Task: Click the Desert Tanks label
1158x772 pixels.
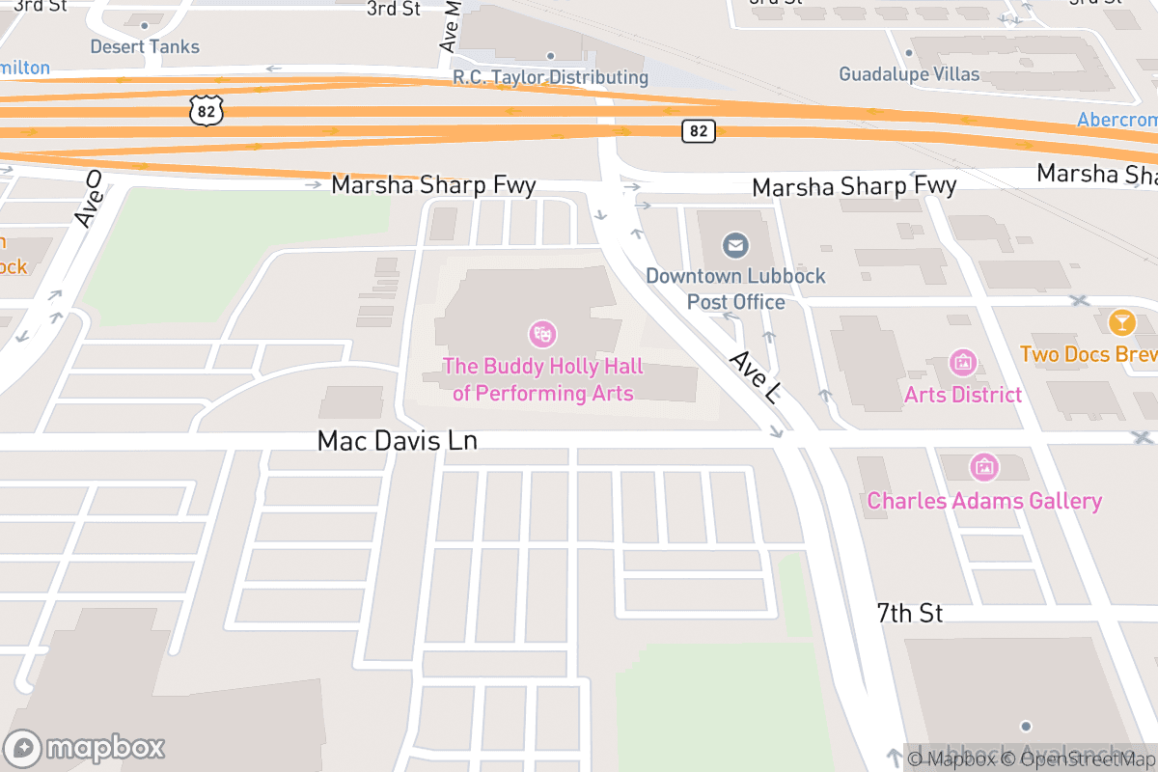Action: point(145,46)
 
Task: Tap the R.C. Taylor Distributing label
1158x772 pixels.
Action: point(550,77)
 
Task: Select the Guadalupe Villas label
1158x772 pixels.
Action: point(908,74)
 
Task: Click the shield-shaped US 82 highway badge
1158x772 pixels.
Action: point(207,109)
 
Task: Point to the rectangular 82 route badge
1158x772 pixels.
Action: point(700,130)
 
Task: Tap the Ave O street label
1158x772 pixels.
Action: point(88,200)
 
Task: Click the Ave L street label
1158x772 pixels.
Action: point(754,377)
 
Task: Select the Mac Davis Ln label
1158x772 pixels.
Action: point(398,441)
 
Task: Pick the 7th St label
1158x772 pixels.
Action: point(909,613)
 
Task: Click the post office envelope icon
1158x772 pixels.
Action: point(735,246)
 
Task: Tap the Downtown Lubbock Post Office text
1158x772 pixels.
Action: point(735,289)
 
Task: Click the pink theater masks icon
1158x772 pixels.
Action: point(542,335)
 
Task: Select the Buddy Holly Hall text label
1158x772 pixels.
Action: point(542,380)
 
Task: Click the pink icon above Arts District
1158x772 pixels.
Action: point(962,363)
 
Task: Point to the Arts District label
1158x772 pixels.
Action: point(962,395)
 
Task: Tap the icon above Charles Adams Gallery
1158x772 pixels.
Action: point(983,468)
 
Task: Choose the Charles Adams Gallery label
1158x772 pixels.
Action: point(983,501)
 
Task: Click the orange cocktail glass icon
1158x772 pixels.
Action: point(1121,322)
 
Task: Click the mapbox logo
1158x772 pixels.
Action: point(86,748)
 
